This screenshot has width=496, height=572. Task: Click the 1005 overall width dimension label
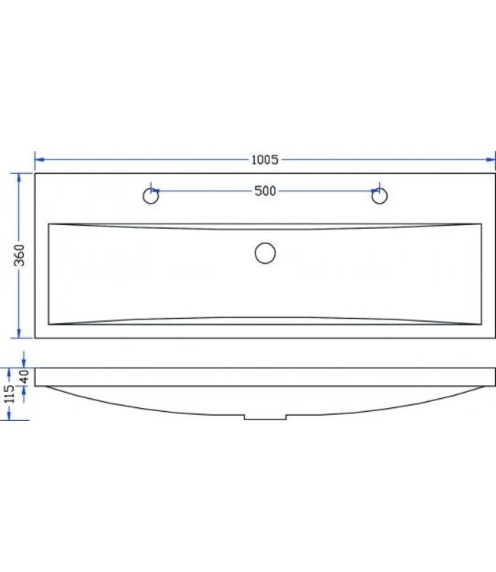(x=265, y=159)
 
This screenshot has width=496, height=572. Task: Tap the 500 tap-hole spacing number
(x=265, y=191)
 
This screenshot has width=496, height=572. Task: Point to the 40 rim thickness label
(x=24, y=378)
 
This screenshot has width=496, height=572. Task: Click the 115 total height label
(x=8, y=394)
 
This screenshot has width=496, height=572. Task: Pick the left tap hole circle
(x=151, y=197)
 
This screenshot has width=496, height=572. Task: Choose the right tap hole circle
(x=378, y=197)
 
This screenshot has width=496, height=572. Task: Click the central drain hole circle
(x=265, y=252)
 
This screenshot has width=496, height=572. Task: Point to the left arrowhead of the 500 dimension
(x=156, y=191)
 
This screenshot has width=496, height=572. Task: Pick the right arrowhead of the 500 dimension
(x=374, y=191)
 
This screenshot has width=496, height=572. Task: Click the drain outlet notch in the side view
(x=265, y=417)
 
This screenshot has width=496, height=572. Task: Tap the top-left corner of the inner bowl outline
(x=49, y=224)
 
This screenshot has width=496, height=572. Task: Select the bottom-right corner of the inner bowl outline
(x=481, y=324)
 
